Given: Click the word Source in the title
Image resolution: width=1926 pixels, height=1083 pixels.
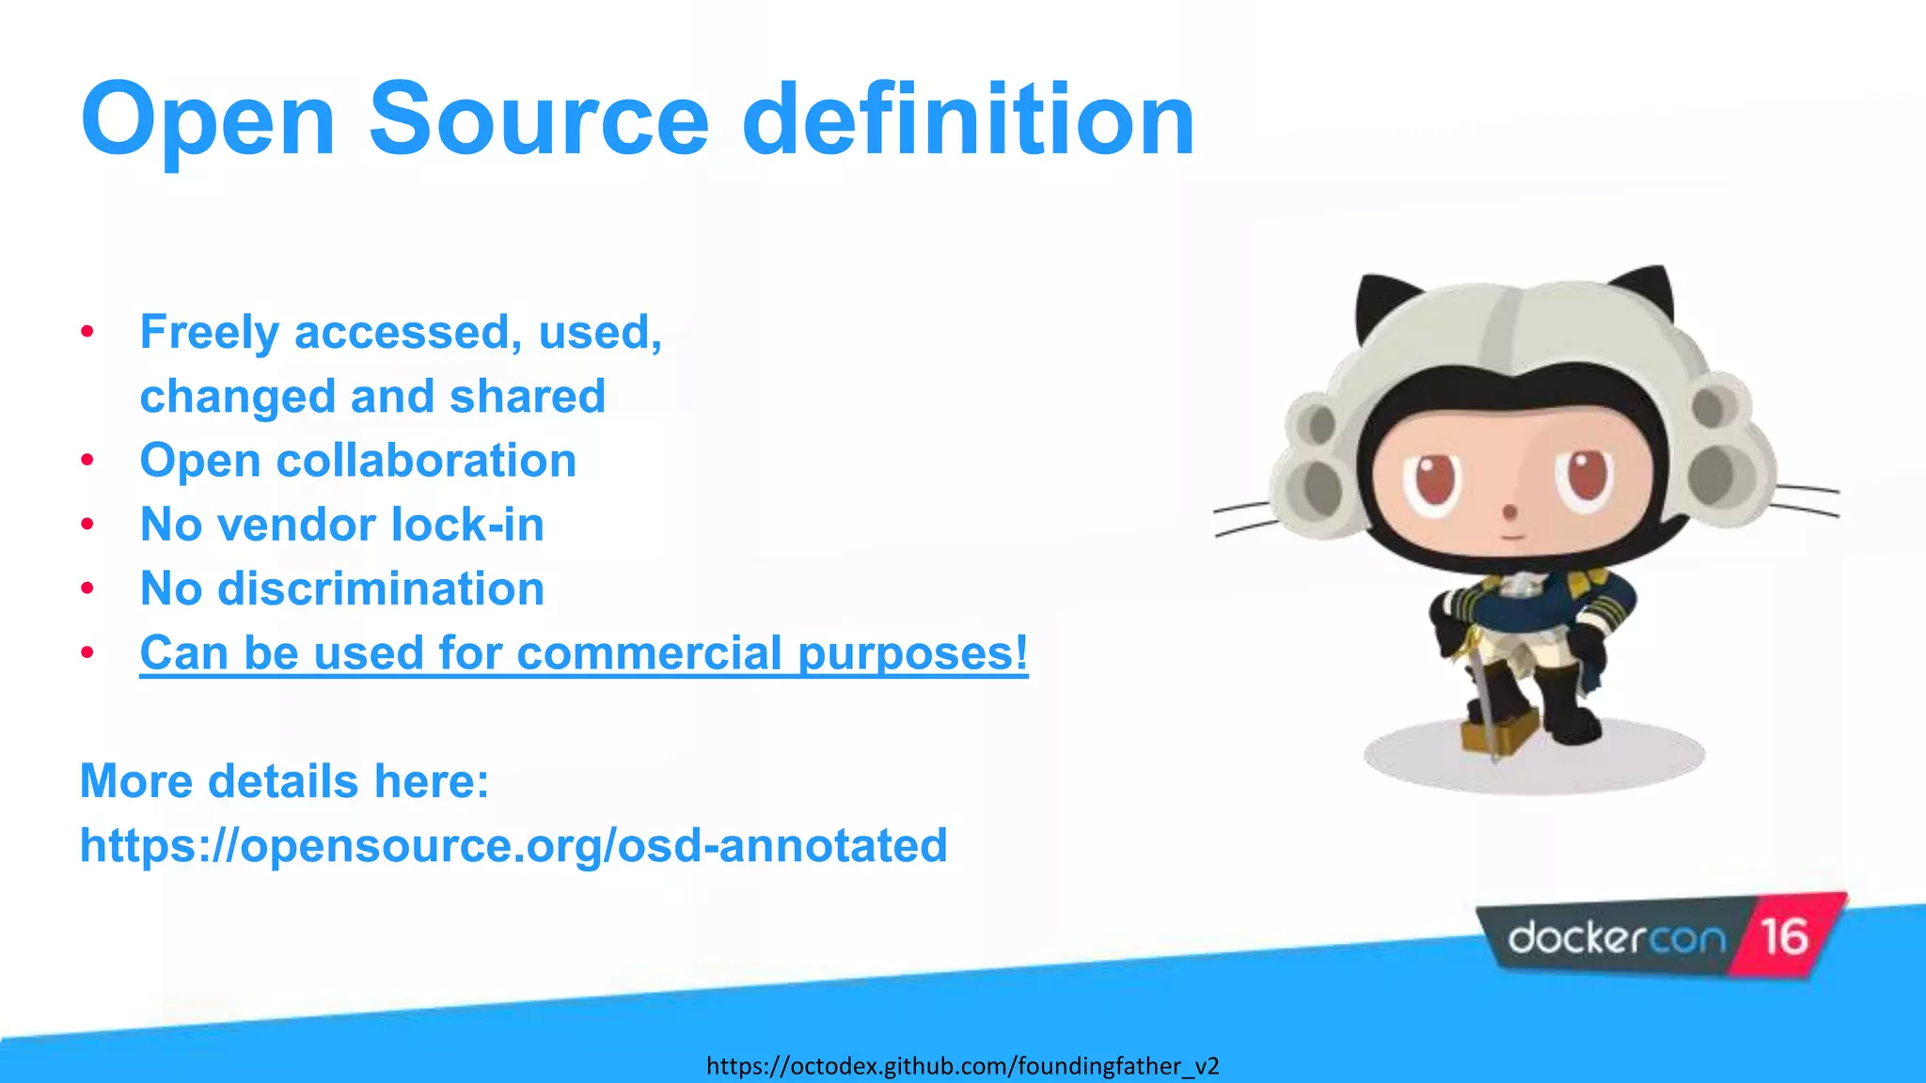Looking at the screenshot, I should [x=538, y=119].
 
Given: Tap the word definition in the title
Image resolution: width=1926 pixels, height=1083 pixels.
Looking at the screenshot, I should [x=968, y=119].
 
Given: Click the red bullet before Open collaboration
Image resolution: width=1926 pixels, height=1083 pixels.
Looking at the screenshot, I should [x=87, y=461].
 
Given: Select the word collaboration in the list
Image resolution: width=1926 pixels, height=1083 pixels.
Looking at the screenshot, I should [x=426, y=461].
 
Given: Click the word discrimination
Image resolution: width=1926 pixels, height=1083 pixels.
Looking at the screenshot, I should [x=381, y=589].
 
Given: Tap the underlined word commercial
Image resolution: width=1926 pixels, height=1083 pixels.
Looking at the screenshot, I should [x=649, y=652].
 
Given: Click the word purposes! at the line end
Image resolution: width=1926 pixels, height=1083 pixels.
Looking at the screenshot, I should [x=912, y=652].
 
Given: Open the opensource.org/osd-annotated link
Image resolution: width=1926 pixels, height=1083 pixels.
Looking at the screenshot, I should [x=513, y=845].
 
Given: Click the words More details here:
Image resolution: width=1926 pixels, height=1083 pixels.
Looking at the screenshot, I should [x=284, y=781].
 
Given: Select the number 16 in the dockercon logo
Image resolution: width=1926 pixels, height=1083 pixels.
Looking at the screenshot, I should [x=1784, y=937].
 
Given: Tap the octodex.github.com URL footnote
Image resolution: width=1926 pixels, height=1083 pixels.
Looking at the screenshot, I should [x=962, y=1066].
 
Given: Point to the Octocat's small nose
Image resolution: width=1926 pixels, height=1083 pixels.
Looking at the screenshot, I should [x=1509, y=512].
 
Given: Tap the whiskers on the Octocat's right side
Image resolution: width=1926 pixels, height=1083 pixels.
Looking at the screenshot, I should [x=1806, y=500].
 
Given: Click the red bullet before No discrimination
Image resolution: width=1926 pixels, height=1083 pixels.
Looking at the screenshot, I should [x=87, y=589].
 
